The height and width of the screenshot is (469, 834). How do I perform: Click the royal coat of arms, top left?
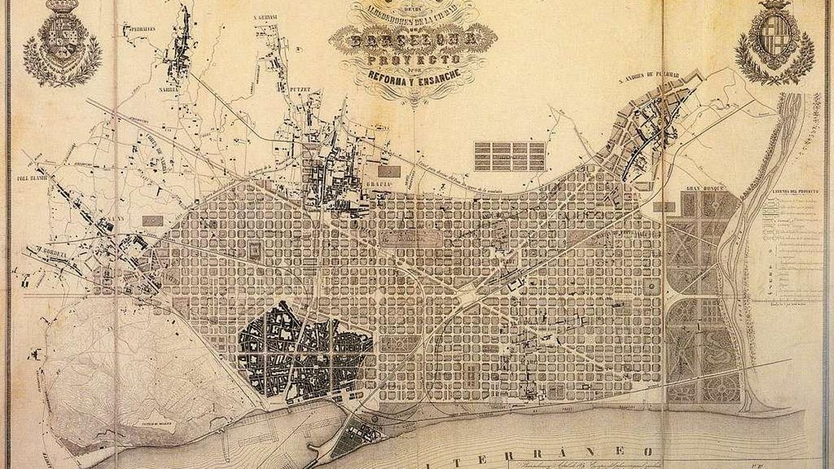click(63, 43)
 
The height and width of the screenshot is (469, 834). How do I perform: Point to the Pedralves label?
click(138, 29)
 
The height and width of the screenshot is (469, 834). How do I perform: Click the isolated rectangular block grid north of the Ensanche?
click(509, 156)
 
